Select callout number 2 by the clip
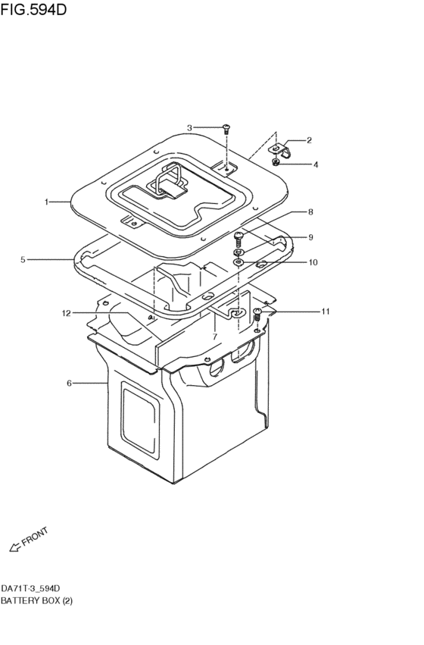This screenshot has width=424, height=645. point(309,141)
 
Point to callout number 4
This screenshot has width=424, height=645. point(316,164)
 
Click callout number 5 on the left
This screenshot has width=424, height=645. point(23,260)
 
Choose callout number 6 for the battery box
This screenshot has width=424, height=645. point(69,384)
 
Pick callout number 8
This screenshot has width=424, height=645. point(310,212)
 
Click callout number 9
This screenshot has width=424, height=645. point(310,237)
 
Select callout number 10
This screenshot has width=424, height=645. point(313,262)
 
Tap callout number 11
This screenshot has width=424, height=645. point(326,312)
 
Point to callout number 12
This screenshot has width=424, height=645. point(67,312)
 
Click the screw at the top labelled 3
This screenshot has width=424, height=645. point(226,130)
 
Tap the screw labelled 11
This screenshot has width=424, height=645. point(257,313)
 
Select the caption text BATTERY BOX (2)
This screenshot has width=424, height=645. point(37,600)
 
